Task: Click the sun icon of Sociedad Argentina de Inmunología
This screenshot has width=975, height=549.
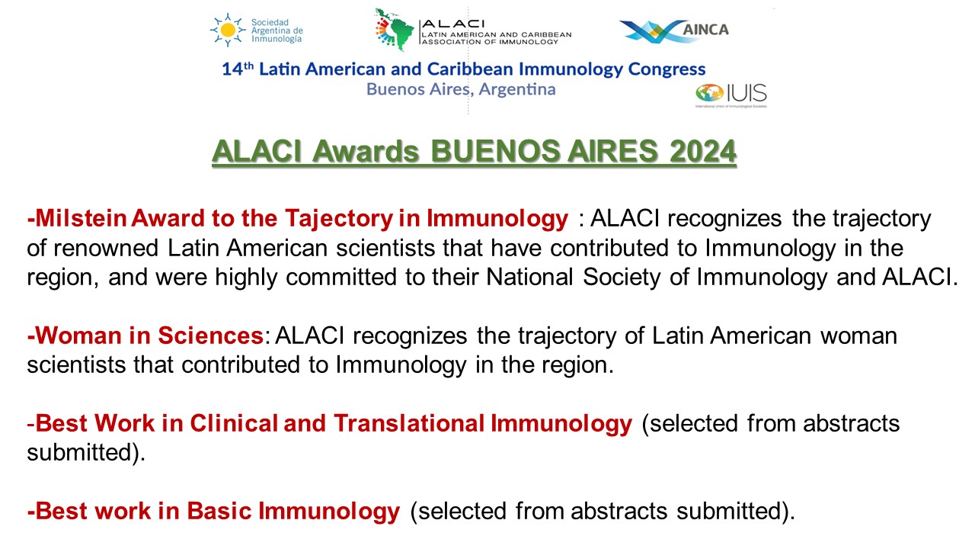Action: (x=228, y=30)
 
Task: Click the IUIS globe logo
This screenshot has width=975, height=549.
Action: (x=708, y=95)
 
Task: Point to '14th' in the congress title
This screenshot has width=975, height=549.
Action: (x=236, y=69)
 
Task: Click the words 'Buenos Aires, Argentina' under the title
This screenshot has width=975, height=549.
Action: (x=461, y=89)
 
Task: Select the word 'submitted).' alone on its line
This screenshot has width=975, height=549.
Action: (x=85, y=452)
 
